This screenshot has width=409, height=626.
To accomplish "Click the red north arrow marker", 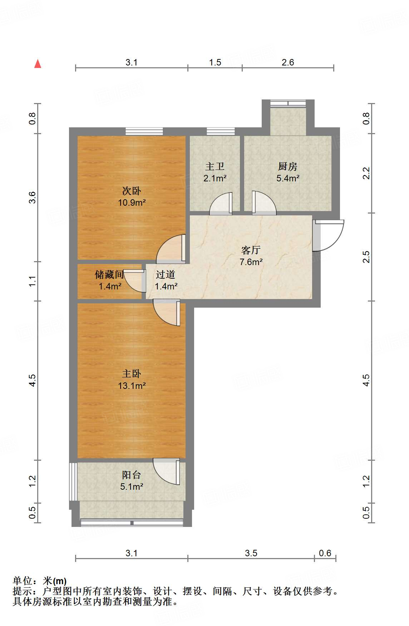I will tap(38, 64).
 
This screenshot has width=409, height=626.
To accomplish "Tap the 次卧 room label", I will tap(132, 191).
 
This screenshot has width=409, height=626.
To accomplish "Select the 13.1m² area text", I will tap(132, 386).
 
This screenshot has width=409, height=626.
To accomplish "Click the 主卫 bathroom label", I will tap(215, 166).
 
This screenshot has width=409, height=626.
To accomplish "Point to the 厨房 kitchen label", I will tap(287, 166).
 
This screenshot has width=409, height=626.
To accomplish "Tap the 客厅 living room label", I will tap(251, 250).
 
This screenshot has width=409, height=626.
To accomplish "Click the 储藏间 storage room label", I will tap(109, 274).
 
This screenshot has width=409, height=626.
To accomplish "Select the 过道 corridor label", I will tap(166, 274).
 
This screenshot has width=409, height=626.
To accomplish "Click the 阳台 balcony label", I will tap(132, 475).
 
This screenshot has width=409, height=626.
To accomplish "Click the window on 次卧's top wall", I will tap(144, 131).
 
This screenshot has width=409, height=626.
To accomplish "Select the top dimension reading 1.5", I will tap(215, 62).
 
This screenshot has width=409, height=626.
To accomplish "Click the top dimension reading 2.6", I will tap(287, 62).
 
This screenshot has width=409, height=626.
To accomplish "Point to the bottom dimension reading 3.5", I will tap(251, 553).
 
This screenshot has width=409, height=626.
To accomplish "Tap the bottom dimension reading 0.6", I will tap(325, 553).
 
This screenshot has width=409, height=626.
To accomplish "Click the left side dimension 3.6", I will tap(33, 197).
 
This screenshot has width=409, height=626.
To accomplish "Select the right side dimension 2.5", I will tap(366, 257).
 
